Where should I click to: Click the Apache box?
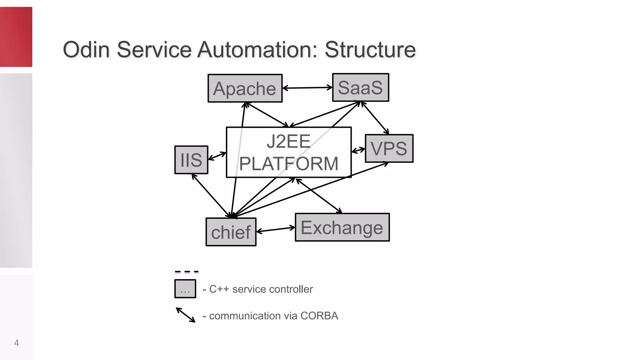pyautogui.click(x=245, y=88)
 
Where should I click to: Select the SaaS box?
pyautogui.click(x=360, y=87)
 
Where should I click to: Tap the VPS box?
pyautogui.click(x=389, y=148)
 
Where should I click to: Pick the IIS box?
pyautogui.click(x=191, y=160)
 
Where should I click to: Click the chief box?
pyautogui.click(x=231, y=232)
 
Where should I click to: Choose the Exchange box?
pyautogui.click(x=342, y=227)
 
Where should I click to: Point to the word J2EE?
pyautogui.click(x=288, y=141)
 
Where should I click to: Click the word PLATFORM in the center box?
pyautogui.click(x=288, y=163)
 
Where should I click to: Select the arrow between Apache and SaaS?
pyautogui.click(x=307, y=88)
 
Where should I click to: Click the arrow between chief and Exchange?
pyautogui.click(x=276, y=230)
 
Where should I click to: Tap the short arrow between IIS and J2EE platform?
pyautogui.click(x=217, y=156)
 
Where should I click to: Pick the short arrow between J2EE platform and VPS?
pyautogui.click(x=358, y=150)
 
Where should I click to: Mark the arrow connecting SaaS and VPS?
pyautogui.click(x=375, y=117)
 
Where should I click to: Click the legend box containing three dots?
pyautogui.click(x=185, y=289)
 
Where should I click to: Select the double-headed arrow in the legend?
pyautogui.click(x=186, y=315)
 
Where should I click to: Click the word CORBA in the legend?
pyautogui.click(x=319, y=316)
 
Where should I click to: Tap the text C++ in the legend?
pyautogui.click(x=219, y=289)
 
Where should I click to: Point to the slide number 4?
pyautogui.click(x=17, y=343)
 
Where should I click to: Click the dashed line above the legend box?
pyautogui.click(x=187, y=272)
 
